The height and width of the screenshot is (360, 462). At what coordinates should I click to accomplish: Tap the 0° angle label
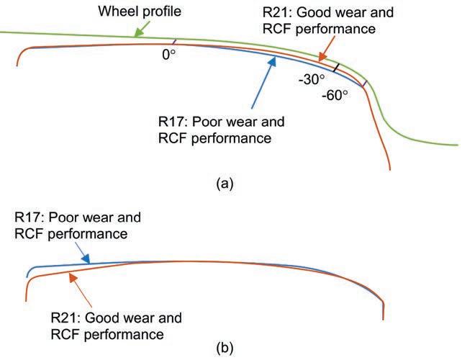tap(168, 53)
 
